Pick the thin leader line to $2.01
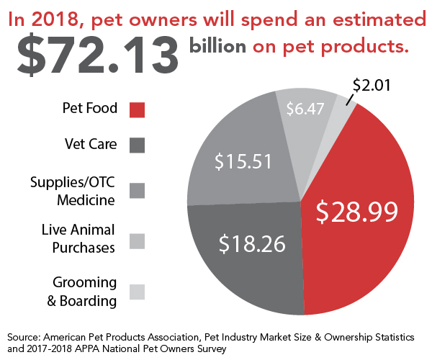349,99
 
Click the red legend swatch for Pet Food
137,109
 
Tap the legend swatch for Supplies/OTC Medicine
137,190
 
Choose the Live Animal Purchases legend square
137,240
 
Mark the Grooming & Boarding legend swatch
137,291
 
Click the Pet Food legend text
91,109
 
